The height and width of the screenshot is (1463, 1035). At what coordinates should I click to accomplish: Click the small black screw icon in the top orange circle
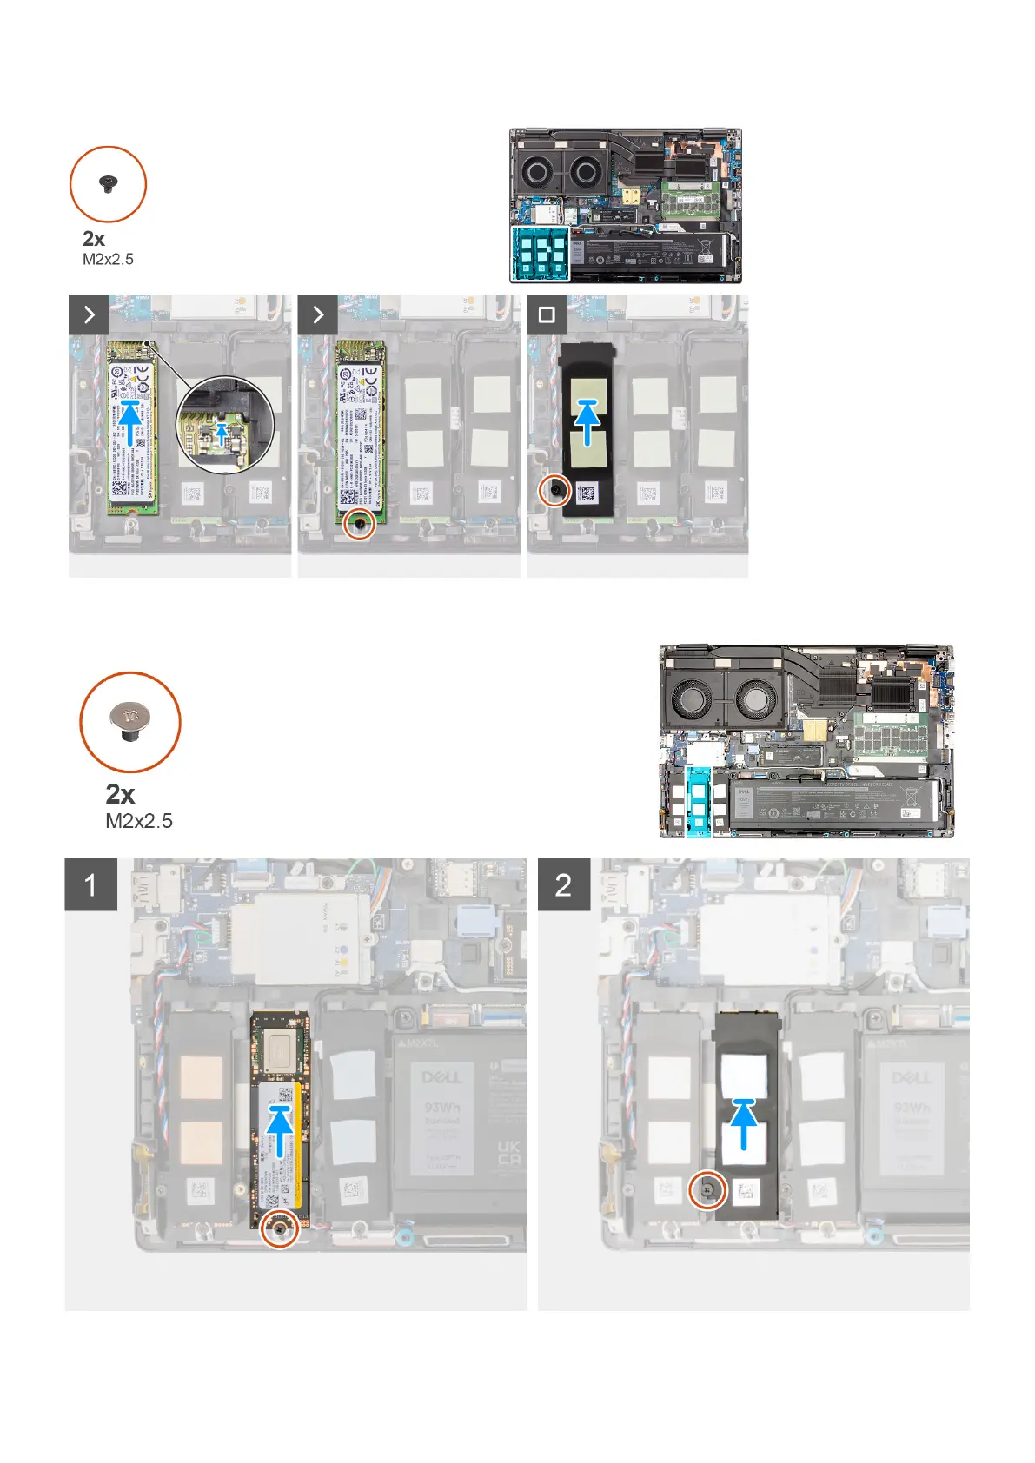click(x=108, y=183)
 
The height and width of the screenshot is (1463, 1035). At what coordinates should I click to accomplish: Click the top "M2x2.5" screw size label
click(x=108, y=259)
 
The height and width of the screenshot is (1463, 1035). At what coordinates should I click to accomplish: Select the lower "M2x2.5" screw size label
click(x=139, y=821)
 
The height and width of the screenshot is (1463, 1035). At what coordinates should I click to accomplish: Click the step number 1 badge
click(x=90, y=884)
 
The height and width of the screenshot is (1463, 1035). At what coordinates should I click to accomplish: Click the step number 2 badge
click(x=563, y=884)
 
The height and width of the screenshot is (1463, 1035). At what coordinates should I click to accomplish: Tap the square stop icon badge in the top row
click(x=547, y=314)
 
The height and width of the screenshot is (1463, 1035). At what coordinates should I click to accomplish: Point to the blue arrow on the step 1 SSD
click(x=279, y=1129)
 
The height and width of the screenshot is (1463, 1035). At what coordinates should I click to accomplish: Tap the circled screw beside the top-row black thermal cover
click(x=555, y=492)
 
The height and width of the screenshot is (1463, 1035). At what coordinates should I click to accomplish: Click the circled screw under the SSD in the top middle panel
click(x=360, y=523)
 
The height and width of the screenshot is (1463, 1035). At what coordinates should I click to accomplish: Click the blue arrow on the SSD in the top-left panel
click(x=130, y=421)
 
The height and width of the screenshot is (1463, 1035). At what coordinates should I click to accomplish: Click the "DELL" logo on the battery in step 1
click(x=441, y=1078)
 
